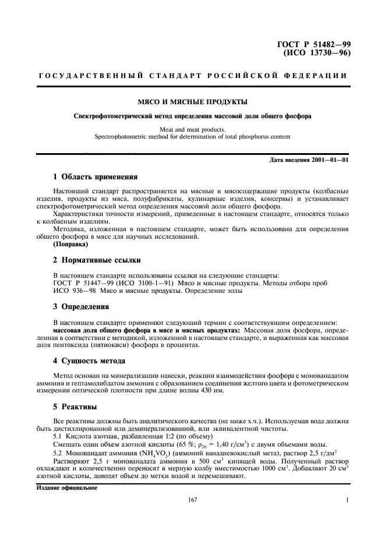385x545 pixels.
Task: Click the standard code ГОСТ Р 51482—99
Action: tap(316, 44)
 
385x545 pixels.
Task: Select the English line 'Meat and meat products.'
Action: tap(192, 129)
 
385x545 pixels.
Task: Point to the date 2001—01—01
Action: tap(329, 160)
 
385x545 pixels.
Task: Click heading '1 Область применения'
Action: tap(95, 176)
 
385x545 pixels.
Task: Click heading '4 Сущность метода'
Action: tap(89, 360)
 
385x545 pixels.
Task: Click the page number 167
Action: tap(192, 500)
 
